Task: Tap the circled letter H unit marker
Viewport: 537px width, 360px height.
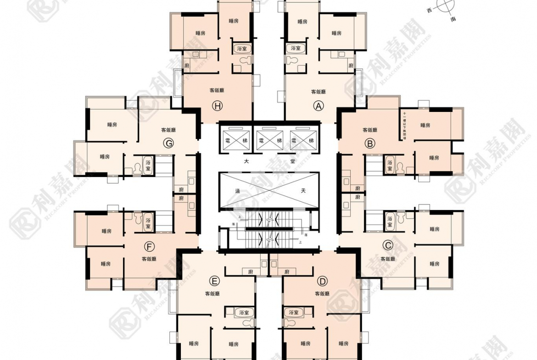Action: [217, 106]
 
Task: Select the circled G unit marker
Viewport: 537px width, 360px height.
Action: [168, 144]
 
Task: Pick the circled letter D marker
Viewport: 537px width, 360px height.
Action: [322, 281]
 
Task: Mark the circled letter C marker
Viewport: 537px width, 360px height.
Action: [388, 245]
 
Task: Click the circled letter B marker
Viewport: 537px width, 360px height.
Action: [369, 143]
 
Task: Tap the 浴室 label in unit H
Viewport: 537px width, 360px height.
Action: [241, 48]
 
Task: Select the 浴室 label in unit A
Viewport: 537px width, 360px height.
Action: [296, 48]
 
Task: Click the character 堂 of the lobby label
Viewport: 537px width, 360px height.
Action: [292, 161]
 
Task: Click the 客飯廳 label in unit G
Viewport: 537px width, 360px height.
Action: [168, 130]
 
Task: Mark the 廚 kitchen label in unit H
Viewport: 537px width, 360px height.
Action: [187, 66]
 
